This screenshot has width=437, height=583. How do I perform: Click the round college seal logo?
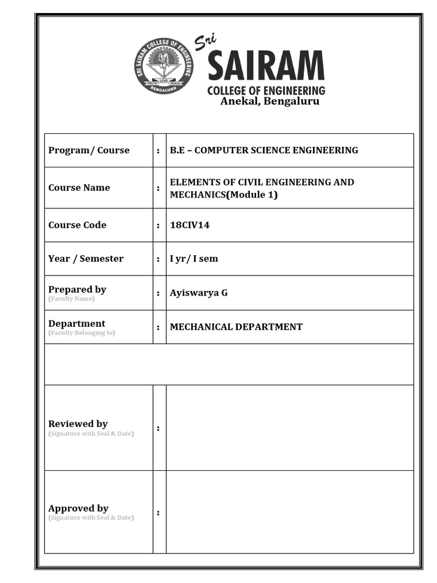coord(164,66)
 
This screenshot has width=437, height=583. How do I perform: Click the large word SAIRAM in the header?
coord(266,67)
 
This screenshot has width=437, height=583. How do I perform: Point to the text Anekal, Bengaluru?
coord(270,101)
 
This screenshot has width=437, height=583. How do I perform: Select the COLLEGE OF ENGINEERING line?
coord(266,90)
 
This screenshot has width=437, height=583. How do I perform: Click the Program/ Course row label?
coord(89,150)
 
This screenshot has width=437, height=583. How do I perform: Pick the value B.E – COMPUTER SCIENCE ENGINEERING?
coord(264,150)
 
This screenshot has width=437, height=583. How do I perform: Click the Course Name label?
coord(79,188)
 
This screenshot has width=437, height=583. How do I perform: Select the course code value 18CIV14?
coord(189,225)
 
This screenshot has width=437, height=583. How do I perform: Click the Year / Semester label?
coord(86,258)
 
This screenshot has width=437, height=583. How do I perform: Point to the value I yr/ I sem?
coord(193,258)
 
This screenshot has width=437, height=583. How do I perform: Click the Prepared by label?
coord(77,289)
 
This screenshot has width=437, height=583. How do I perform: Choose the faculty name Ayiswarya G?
coord(199,293)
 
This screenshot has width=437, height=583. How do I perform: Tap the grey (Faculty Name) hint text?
coord(72,299)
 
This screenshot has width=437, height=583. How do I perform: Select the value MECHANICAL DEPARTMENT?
coord(236,327)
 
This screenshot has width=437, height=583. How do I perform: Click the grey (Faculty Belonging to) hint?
coord(81,333)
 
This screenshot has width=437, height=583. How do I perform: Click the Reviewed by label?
coord(78,424)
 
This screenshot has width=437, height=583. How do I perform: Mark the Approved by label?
coord(79,508)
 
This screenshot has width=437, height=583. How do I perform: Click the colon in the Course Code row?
coord(158,225)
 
